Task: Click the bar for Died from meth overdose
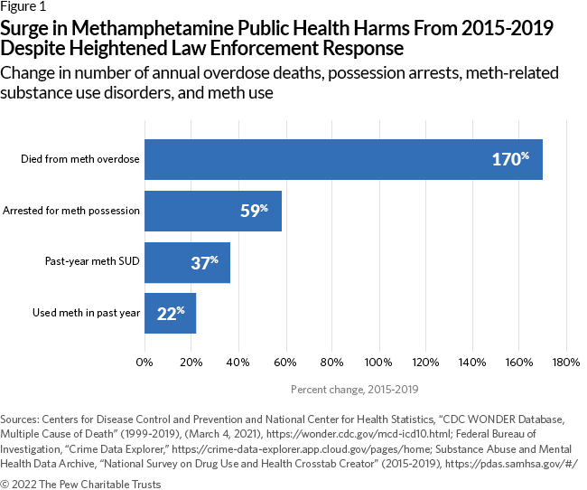(x=343, y=159)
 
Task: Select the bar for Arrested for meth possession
(x=213, y=211)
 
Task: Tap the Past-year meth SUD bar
(x=187, y=262)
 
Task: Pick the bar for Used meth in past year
(x=170, y=314)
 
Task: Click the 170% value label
(x=509, y=160)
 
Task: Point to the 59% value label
(x=254, y=212)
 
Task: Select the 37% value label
(x=204, y=263)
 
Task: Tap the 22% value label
(x=170, y=315)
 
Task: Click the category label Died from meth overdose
(x=80, y=160)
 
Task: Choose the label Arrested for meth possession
(x=71, y=211)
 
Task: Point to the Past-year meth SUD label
(x=92, y=262)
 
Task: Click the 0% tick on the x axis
(x=144, y=363)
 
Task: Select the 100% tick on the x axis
(x=378, y=363)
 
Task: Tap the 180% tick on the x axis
(x=565, y=363)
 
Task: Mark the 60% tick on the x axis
(x=285, y=363)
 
